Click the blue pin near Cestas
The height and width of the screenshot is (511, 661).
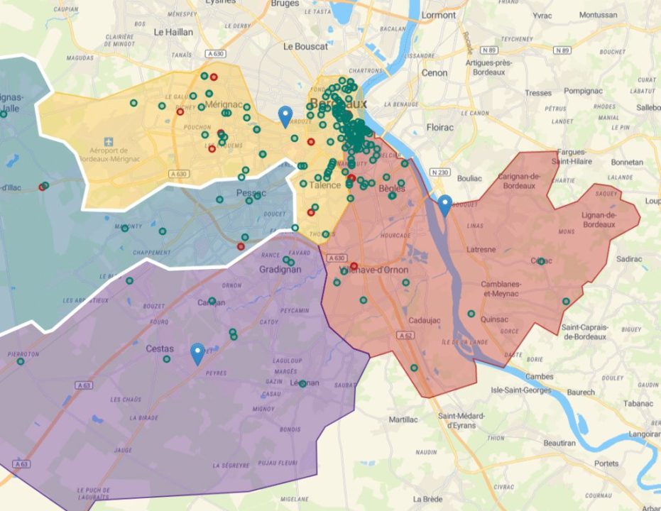click(198, 353)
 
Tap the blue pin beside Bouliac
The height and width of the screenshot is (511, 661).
click(444, 204)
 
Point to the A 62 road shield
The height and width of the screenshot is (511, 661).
click(405, 335)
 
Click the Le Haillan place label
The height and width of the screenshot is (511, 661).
click(174, 32)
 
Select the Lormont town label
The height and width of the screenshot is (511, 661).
click(439, 14)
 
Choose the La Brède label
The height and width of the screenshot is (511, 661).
click(427, 499)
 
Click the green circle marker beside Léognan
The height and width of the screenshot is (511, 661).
click(302, 384)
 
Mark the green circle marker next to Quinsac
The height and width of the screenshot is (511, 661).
click(471, 313)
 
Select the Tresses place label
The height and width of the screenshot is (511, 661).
click(538, 93)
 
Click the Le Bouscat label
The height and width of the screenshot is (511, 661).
click(305, 47)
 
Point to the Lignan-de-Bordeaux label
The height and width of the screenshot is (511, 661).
click(601, 220)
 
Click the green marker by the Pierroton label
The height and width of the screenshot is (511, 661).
click(20, 361)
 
